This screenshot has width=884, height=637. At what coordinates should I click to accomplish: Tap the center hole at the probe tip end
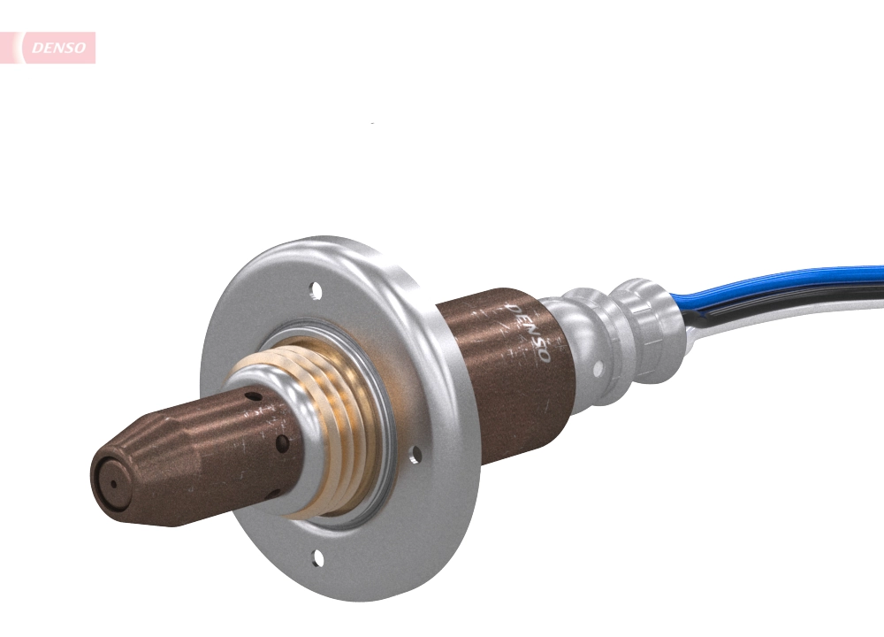point(111,482)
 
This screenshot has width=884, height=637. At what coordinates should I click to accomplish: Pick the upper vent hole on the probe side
point(255,397)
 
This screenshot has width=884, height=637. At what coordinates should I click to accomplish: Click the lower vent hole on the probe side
point(282,441)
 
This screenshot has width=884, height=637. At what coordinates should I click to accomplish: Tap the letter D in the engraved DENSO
point(512,310)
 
